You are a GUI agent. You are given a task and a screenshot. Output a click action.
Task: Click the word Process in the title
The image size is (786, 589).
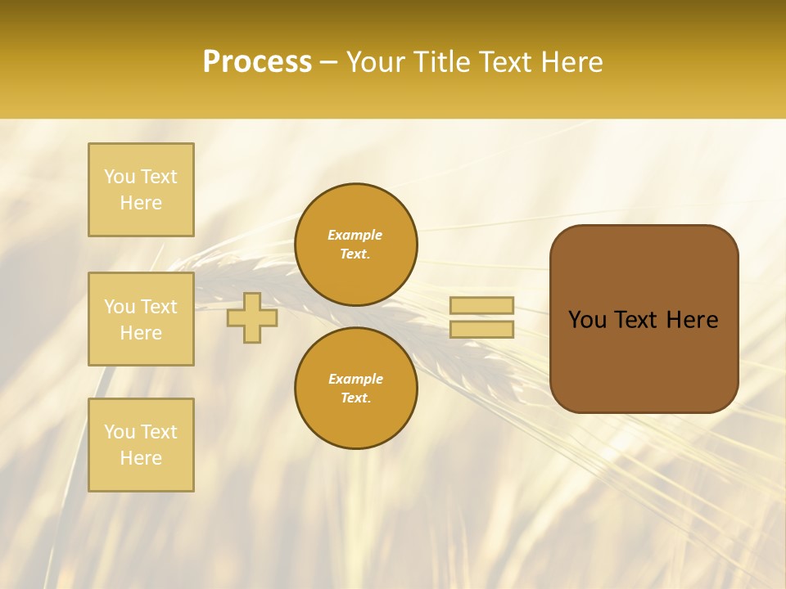click(x=257, y=61)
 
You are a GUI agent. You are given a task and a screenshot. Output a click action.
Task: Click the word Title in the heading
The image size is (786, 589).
click(x=440, y=61)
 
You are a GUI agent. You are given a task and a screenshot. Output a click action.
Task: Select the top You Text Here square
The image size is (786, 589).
click(x=141, y=190)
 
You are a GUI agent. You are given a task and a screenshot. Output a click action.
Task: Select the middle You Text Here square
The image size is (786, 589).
click(x=141, y=319)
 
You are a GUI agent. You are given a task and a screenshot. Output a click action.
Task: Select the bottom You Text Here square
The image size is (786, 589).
click(x=141, y=445)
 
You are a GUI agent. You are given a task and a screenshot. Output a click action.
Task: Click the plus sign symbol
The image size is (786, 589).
click(x=252, y=317)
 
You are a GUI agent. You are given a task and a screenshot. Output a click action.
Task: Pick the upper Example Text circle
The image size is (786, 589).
click(x=356, y=245)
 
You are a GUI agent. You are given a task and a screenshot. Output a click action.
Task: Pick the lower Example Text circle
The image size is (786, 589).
click(x=356, y=388)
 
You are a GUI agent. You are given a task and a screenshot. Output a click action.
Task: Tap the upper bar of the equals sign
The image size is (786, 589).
click(x=481, y=305)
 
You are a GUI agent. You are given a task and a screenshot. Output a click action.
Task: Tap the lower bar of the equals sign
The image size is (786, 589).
click(x=481, y=329)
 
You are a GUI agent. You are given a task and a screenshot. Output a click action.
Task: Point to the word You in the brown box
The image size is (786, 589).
click(x=587, y=320)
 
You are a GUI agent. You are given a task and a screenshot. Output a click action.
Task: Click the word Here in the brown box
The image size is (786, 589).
click(x=692, y=320)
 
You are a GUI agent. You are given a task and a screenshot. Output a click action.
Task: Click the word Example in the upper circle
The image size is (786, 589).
click(x=355, y=235)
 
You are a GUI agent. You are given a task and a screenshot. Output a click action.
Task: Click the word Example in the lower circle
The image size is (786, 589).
click(x=355, y=379)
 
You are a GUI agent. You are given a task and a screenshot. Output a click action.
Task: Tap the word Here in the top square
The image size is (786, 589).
click(x=141, y=203)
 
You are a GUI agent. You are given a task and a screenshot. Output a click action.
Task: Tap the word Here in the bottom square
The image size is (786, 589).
click(x=141, y=458)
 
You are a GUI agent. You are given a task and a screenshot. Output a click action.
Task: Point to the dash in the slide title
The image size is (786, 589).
click(x=329, y=62)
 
